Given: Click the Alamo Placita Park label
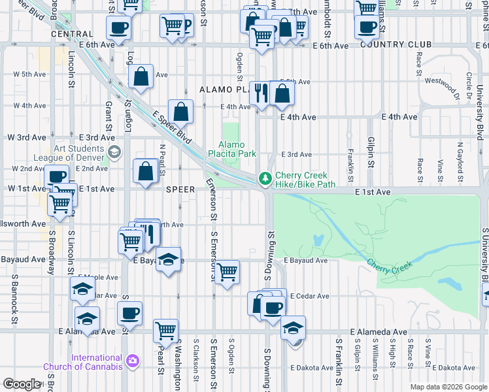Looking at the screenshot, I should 231,150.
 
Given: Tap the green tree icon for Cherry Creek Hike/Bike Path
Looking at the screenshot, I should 265,177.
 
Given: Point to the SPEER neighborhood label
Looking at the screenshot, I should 180,189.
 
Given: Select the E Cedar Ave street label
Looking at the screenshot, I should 310,296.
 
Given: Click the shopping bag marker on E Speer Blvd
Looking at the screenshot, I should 180,110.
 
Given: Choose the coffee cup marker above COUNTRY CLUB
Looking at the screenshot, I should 366,26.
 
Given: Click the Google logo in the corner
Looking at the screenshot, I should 22,384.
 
